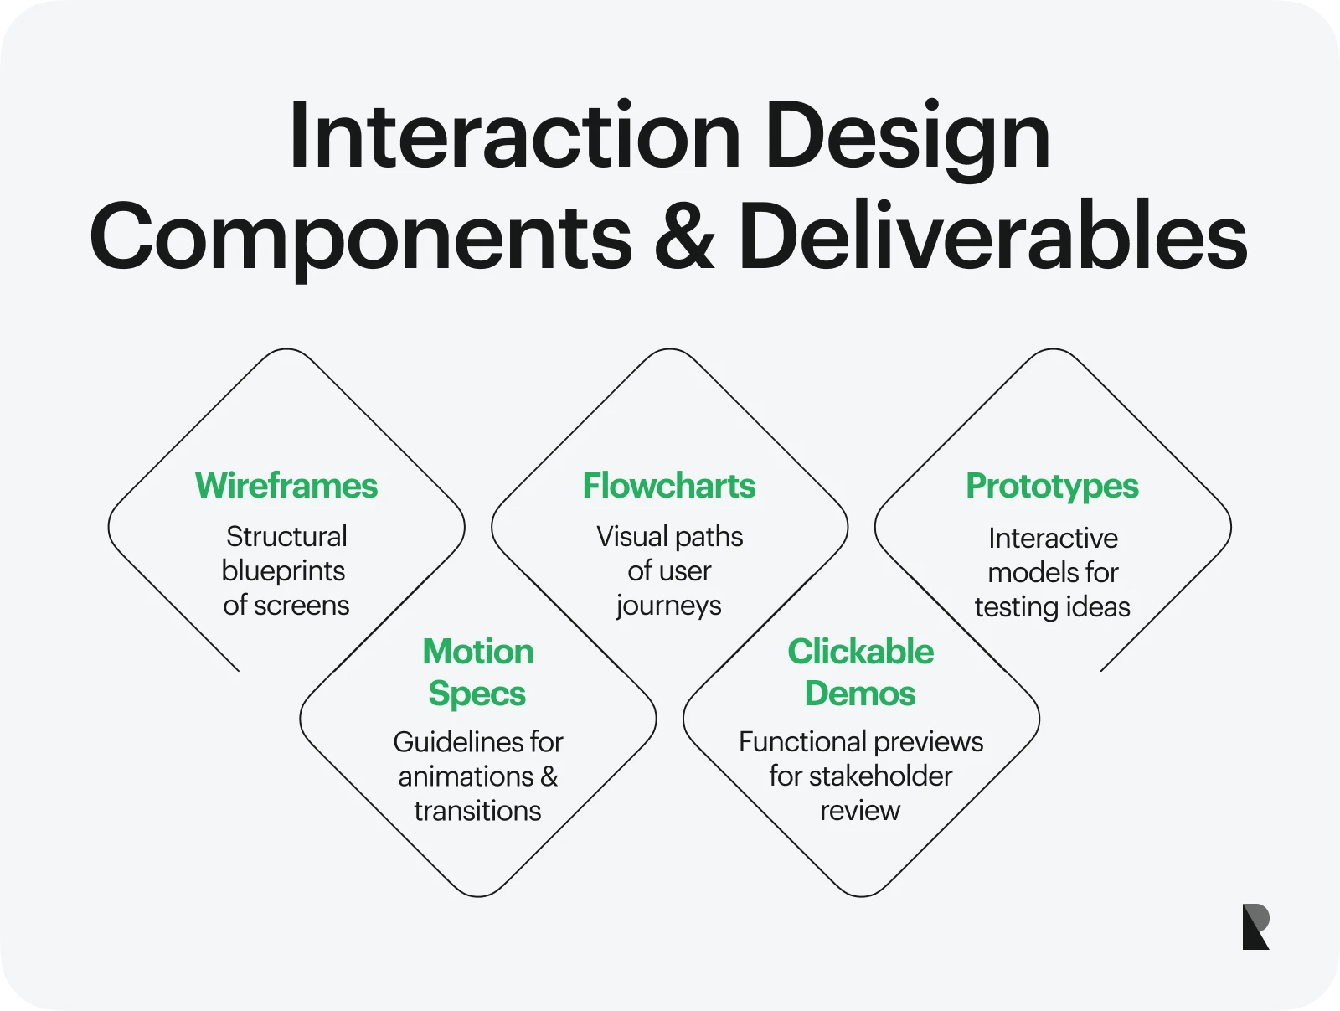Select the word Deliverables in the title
click(992, 237)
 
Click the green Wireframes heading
click(286, 486)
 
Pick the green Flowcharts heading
click(669, 486)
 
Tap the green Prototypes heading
click(1052, 486)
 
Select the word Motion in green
click(477, 652)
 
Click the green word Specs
click(477, 694)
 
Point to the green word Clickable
click(860, 652)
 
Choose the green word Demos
click(860, 694)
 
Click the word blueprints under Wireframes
click(283, 571)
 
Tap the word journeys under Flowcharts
click(668, 606)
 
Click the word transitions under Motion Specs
click(477, 811)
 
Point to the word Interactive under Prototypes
click(1053, 538)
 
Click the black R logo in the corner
click(1255, 926)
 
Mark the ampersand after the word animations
click(549, 776)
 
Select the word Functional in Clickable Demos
click(802, 742)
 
